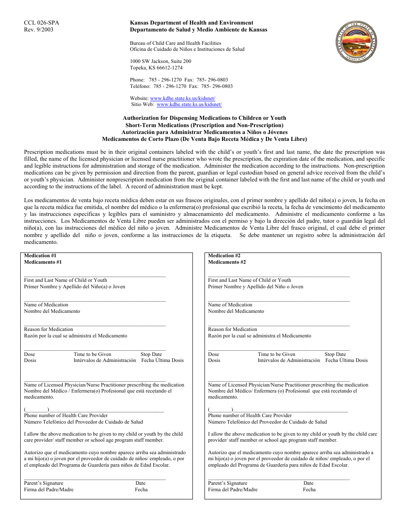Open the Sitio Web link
[189, 104]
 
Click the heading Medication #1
[40, 256]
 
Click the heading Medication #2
[224, 256]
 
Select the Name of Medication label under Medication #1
[46, 305]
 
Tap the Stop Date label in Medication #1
[151, 354]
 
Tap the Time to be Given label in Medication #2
[276, 354]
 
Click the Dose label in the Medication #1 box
[30, 354]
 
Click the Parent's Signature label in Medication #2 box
[227, 483]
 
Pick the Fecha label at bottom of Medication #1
[141, 489]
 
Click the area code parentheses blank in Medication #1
[36, 409]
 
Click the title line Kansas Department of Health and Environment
[192, 23]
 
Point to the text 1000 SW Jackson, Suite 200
[161, 61]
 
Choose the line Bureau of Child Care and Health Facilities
[175, 43]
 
